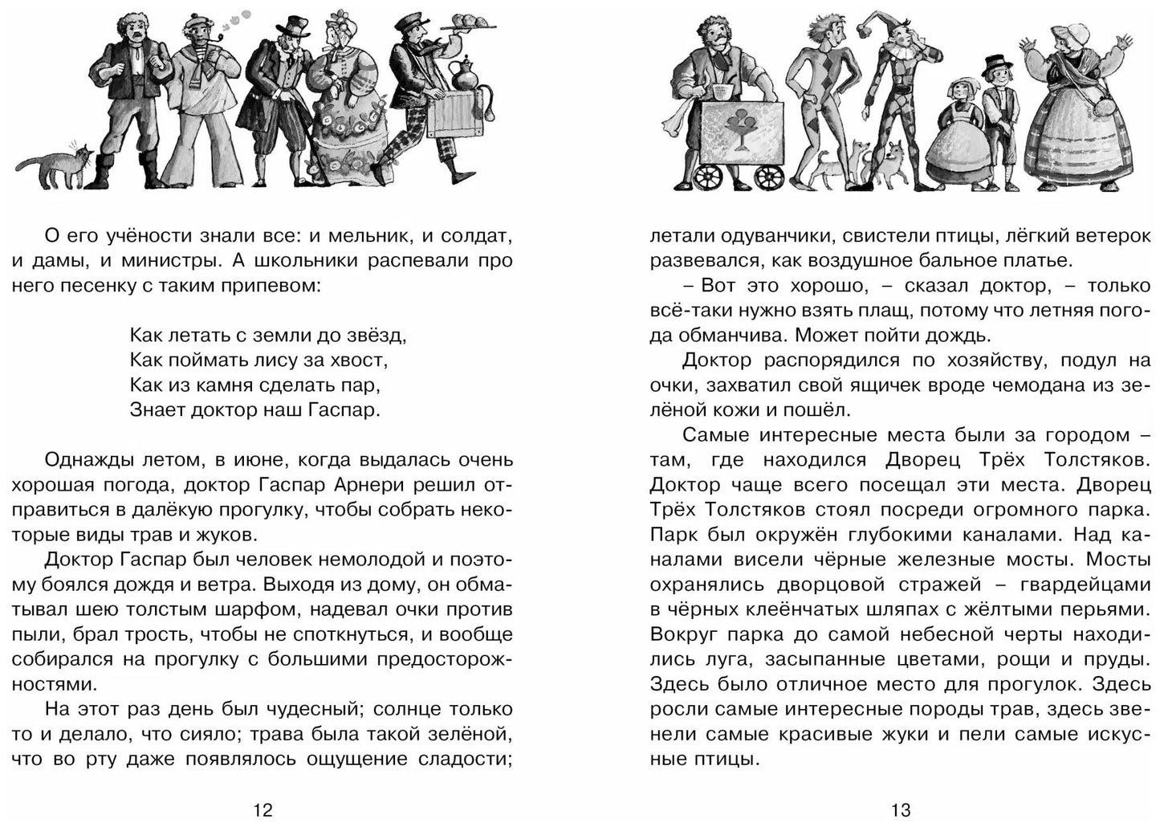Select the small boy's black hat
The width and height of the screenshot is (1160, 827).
(997, 64)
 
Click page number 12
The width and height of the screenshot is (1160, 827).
(263, 810)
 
